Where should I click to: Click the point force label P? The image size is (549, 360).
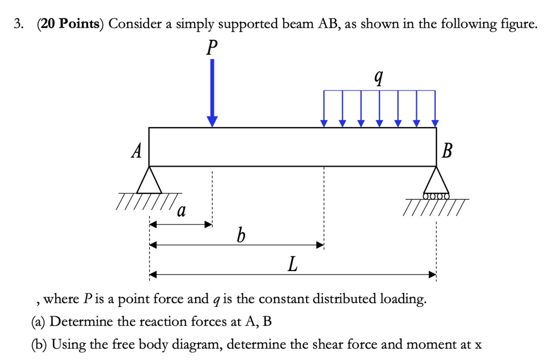tap(212, 48)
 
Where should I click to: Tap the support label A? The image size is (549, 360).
tap(136, 152)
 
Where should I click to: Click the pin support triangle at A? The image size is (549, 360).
tap(149, 181)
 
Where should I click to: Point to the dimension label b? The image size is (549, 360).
tap(241, 234)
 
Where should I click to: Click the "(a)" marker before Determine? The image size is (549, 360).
tap(39, 322)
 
